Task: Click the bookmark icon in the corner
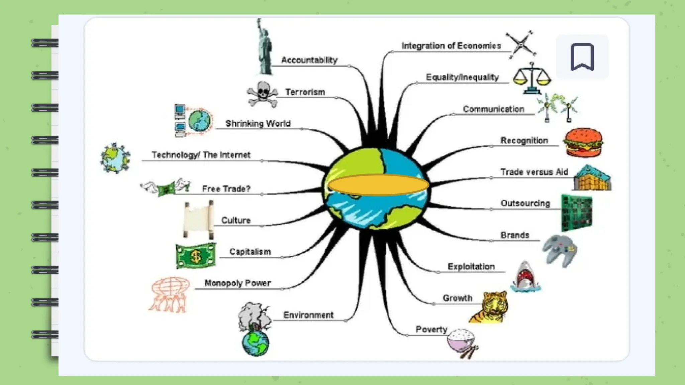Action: (582, 57)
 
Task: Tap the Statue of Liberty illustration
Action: (264, 48)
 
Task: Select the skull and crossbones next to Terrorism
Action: (263, 94)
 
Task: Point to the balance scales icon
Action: (532, 78)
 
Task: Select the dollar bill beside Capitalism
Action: (196, 256)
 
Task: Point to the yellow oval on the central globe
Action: (378, 185)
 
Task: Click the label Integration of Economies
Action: (451, 46)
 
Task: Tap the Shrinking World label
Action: (258, 123)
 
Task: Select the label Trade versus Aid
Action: (534, 172)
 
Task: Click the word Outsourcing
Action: (525, 203)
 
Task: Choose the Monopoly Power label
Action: (237, 283)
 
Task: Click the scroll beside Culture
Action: (198, 220)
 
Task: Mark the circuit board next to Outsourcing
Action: (577, 213)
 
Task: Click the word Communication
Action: (493, 109)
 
